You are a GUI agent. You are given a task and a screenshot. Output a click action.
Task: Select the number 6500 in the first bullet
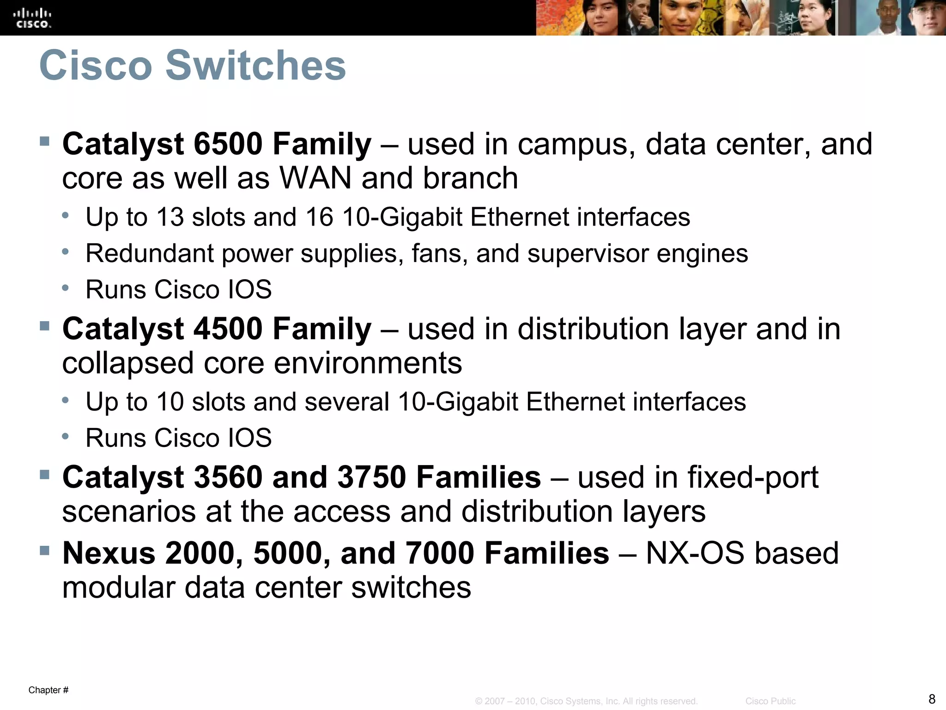228,144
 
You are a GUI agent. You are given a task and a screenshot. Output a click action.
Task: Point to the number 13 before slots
170,217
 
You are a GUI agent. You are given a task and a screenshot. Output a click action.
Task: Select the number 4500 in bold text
228,329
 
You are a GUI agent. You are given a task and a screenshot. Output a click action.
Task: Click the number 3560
228,477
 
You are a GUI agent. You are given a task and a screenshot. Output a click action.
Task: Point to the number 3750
372,477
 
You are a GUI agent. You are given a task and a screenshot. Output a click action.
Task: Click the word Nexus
109,553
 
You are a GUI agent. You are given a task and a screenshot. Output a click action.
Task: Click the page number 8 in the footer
932,698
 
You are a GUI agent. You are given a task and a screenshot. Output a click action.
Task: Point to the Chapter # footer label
49,690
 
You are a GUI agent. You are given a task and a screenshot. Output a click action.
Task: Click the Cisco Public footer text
770,701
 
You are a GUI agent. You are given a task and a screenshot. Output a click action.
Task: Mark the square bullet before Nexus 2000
45,550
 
